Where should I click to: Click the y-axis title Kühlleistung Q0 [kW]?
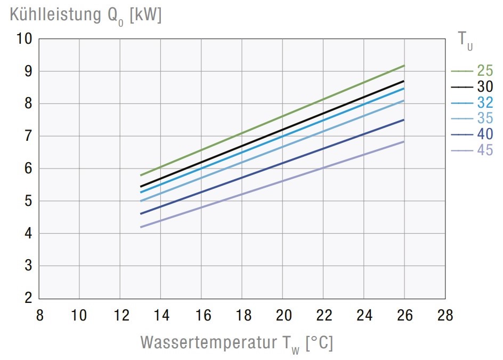pyautogui.click(x=85, y=15)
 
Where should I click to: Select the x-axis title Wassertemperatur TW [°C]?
pyautogui.click(x=237, y=342)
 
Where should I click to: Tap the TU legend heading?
pyautogui.click(x=465, y=40)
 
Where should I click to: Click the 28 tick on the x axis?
pyautogui.click(x=445, y=315)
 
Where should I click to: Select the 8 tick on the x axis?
pyautogui.click(x=39, y=315)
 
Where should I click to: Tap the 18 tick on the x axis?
pyautogui.click(x=242, y=315)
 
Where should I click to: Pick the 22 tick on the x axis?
pyautogui.click(x=323, y=315)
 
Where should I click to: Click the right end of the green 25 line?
pyautogui.click(x=404, y=66)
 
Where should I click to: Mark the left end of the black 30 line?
pyautogui.click(x=140, y=187)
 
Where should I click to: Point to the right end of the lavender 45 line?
pyautogui.click(x=404, y=142)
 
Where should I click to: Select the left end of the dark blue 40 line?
pyautogui.click(x=140, y=214)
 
